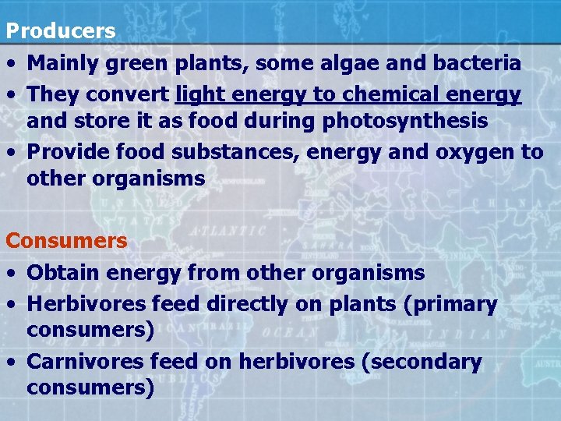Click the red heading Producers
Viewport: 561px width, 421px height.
61,31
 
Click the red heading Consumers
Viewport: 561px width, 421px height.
66,241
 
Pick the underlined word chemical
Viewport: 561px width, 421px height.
393,94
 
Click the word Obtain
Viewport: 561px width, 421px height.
62,273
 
